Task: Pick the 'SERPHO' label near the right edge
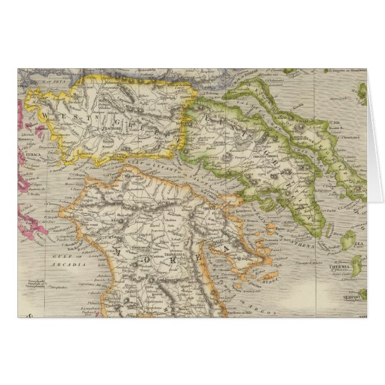pyautogui.click(x=352, y=297)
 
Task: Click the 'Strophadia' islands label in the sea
pyautogui.click(x=46, y=286)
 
